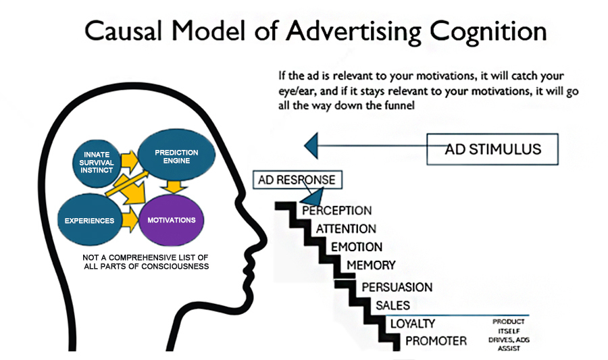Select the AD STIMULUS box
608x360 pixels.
(492, 149)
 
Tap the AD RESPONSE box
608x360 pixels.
(297, 180)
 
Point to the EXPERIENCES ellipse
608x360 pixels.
(89, 221)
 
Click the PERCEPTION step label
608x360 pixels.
(336, 211)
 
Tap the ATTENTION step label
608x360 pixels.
(346, 229)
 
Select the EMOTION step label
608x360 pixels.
(356, 247)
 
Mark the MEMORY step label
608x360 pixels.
(371, 265)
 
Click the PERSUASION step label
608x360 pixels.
(397, 287)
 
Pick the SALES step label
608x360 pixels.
(392, 305)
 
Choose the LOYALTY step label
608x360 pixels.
(412, 324)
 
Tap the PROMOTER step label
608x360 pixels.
(436, 341)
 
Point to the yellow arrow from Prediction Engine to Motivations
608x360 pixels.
(174, 186)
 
